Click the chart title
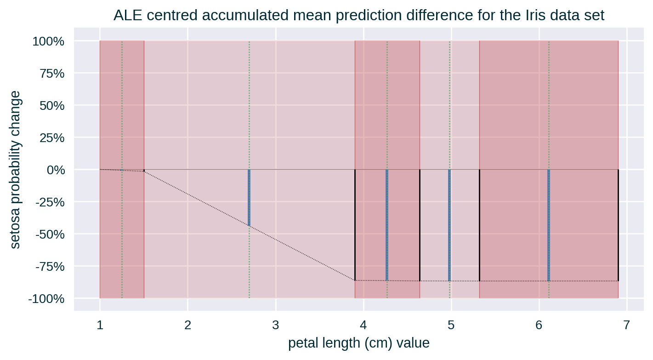pyautogui.click(x=358, y=16)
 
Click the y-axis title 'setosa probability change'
pyautogui.click(x=16, y=170)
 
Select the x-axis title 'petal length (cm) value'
pyautogui.click(x=359, y=343)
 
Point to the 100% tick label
pyautogui.click(x=48, y=42)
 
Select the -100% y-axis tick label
pyautogui.click(x=46, y=299)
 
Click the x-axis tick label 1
pyautogui.click(x=100, y=325)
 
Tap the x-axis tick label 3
pyautogui.click(x=275, y=325)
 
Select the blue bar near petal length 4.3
pyautogui.click(x=387, y=225)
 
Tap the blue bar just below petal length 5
pyautogui.click(x=449, y=225)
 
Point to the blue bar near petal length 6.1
pyautogui.click(x=549, y=225)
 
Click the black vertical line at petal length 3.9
pyautogui.click(x=355, y=225)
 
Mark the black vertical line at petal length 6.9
pyautogui.click(x=618, y=225)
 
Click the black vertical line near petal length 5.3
pyautogui.click(x=479, y=225)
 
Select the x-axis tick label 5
pyautogui.click(x=451, y=325)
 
